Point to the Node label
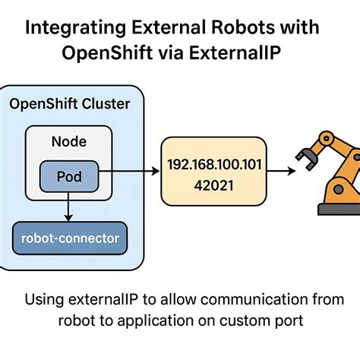(x=68, y=141)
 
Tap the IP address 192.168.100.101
(x=215, y=163)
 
